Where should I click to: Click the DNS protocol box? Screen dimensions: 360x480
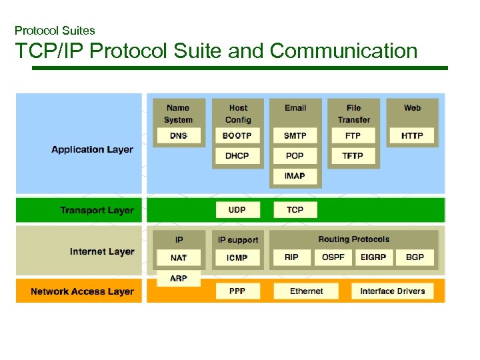(x=178, y=135)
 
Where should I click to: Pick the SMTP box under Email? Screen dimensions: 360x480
(x=295, y=135)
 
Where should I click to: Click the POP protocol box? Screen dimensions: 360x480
(x=295, y=155)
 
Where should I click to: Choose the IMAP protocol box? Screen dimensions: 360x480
(x=295, y=175)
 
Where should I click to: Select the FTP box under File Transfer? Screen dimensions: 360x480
(x=353, y=135)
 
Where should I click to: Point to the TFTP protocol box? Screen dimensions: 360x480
(x=353, y=155)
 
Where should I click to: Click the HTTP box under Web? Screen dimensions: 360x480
(x=412, y=135)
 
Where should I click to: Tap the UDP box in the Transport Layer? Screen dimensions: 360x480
(x=237, y=210)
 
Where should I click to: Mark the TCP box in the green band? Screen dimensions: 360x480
(x=295, y=210)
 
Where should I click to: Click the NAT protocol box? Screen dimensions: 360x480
(x=179, y=257)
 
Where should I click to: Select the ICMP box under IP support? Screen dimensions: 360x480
(x=237, y=257)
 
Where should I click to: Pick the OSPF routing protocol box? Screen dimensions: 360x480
(x=333, y=257)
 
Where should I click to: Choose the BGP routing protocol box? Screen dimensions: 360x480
(x=415, y=257)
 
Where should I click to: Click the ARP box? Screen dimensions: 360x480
(x=179, y=278)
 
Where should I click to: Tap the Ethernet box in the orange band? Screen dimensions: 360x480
(x=307, y=291)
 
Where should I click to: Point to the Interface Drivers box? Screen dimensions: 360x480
(x=392, y=291)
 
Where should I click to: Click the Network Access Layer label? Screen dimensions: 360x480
(x=82, y=291)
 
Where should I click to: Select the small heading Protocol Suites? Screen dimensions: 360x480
(x=55, y=31)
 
